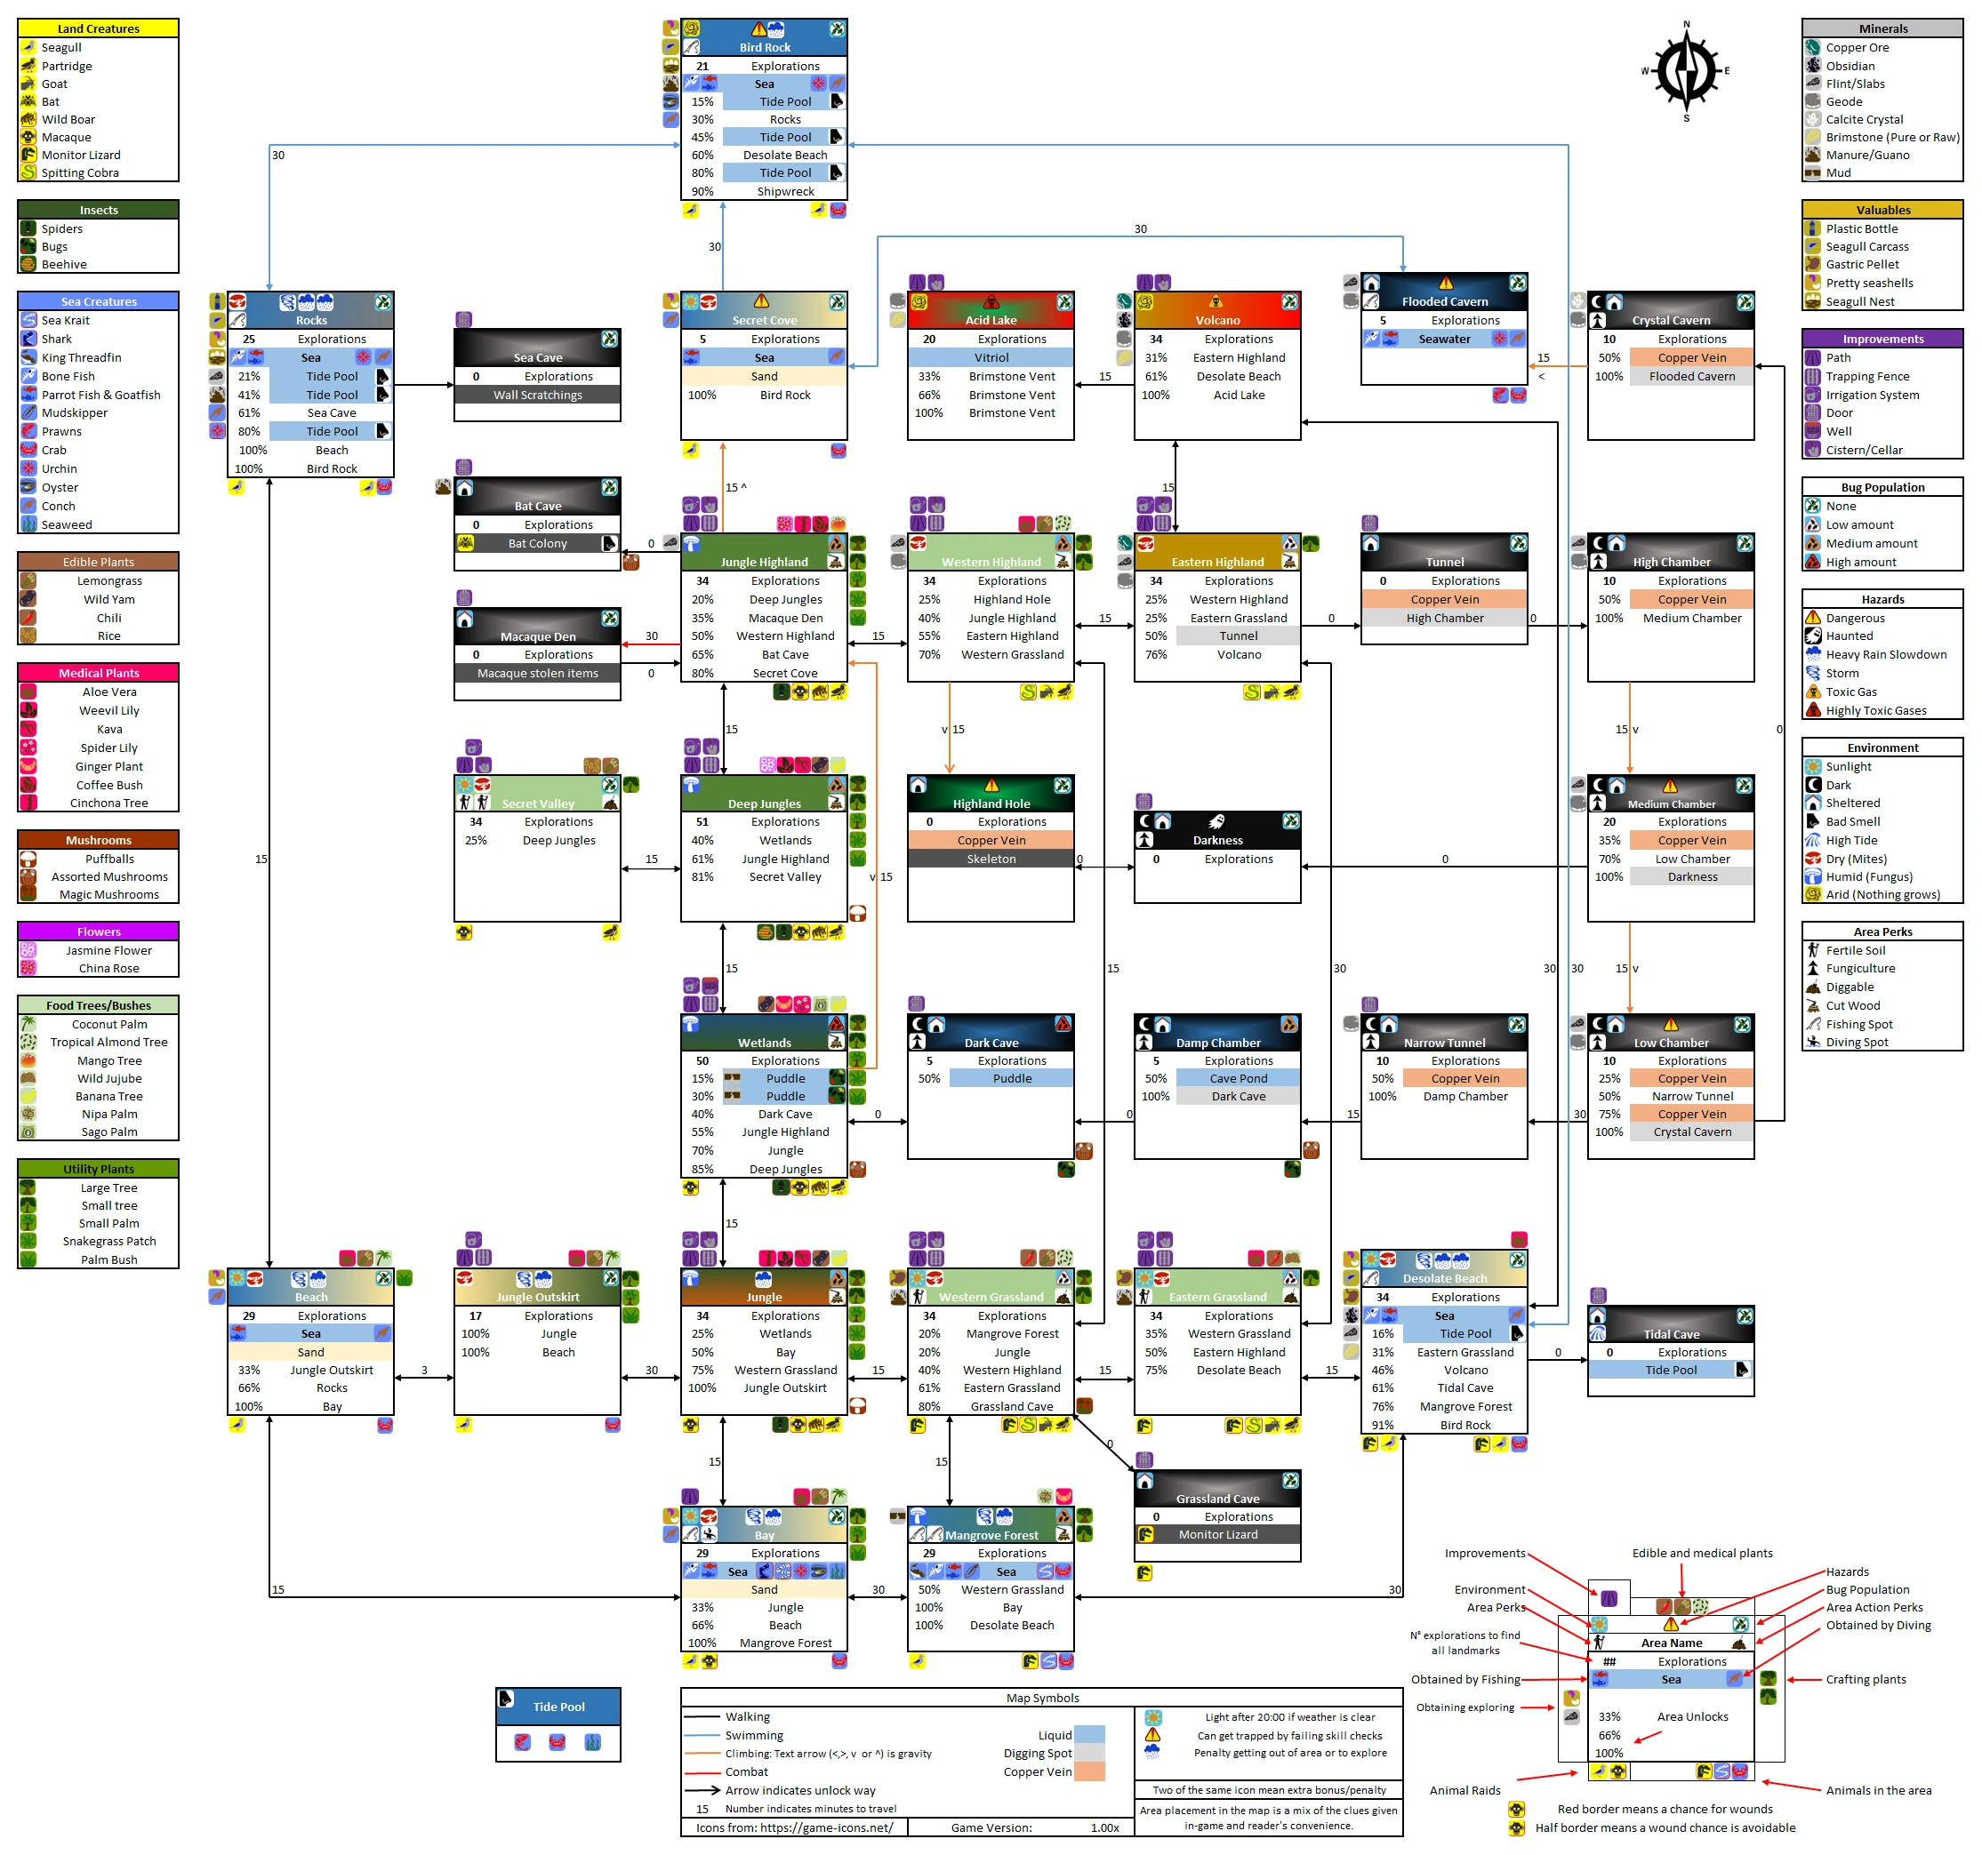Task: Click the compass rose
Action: [x=1686, y=71]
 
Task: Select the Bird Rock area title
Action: [x=765, y=47]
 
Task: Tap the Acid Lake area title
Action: [x=990, y=320]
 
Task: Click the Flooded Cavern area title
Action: [x=1445, y=301]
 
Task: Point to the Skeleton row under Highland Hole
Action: [x=991, y=859]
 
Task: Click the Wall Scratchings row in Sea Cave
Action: [x=537, y=395]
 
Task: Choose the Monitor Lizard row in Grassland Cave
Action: [x=1217, y=1534]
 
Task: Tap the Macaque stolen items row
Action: [x=537, y=673]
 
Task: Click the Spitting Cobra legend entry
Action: [x=80, y=172]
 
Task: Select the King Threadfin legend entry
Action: [x=81, y=358]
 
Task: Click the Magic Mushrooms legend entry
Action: [x=108, y=894]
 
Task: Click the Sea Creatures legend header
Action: [x=98, y=301]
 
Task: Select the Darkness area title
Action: [x=1217, y=839]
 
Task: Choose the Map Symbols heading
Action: [x=1042, y=1698]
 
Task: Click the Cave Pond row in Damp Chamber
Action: [x=1239, y=1078]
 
